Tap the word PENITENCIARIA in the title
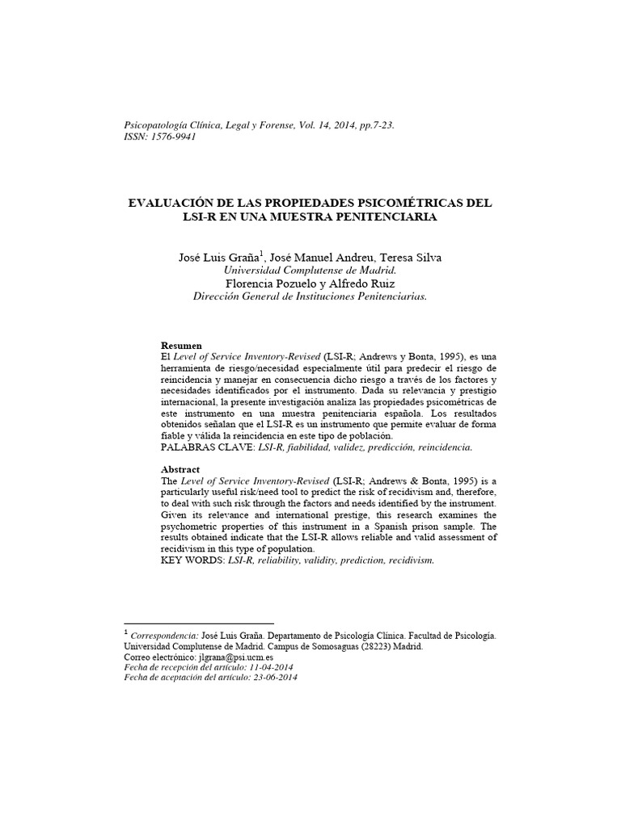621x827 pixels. (x=385, y=217)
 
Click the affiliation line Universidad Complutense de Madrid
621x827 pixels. (x=310, y=271)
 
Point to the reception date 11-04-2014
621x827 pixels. (x=272, y=668)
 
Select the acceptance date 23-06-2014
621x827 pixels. (x=274, y=678)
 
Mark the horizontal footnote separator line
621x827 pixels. (x=199, y=623)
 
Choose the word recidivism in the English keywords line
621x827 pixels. (x=406, y=560)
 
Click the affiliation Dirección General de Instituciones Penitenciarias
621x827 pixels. (x=310, y=296)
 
